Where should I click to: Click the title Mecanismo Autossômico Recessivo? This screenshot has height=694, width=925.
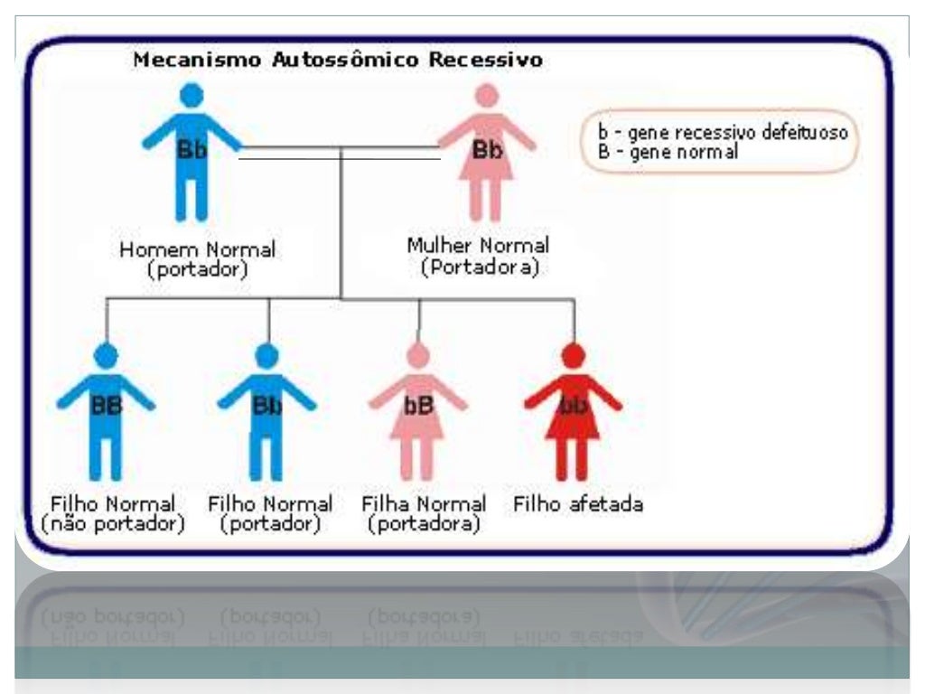(x=338, y=61)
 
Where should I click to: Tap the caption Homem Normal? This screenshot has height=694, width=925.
(x=197, y=249)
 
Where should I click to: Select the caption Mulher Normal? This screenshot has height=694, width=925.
(x=478, y=246)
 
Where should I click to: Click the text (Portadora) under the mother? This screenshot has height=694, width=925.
(x=479, y=267)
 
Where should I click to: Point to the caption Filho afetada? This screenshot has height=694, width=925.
(x=578, y=503)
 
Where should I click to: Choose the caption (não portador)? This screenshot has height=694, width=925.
(x=113, y=524)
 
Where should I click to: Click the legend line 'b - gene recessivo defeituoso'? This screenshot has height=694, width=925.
(x=723, y=133)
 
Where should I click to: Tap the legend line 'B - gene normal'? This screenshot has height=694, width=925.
(x=668, y=152)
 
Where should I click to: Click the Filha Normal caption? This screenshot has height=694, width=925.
(x=424, y=503)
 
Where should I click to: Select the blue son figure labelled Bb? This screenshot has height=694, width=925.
(x=266, y=411)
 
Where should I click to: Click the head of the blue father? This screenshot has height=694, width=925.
(x=192, y=95)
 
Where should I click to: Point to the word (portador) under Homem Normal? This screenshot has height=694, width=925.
(x=197, y=269)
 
